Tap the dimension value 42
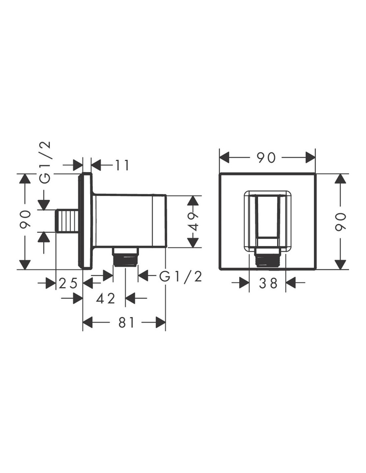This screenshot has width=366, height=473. [x=105, y=298]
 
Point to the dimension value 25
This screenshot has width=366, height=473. [x=68, y=283]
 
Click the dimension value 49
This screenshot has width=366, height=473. [x=193, y=222]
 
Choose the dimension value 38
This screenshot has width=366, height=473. [x=268, y=283]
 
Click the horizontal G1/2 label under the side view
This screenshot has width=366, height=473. [x=180, y=277]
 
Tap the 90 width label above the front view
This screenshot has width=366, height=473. [x=266, y=158]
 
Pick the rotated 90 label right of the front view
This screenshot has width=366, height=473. [x=340, y=222]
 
